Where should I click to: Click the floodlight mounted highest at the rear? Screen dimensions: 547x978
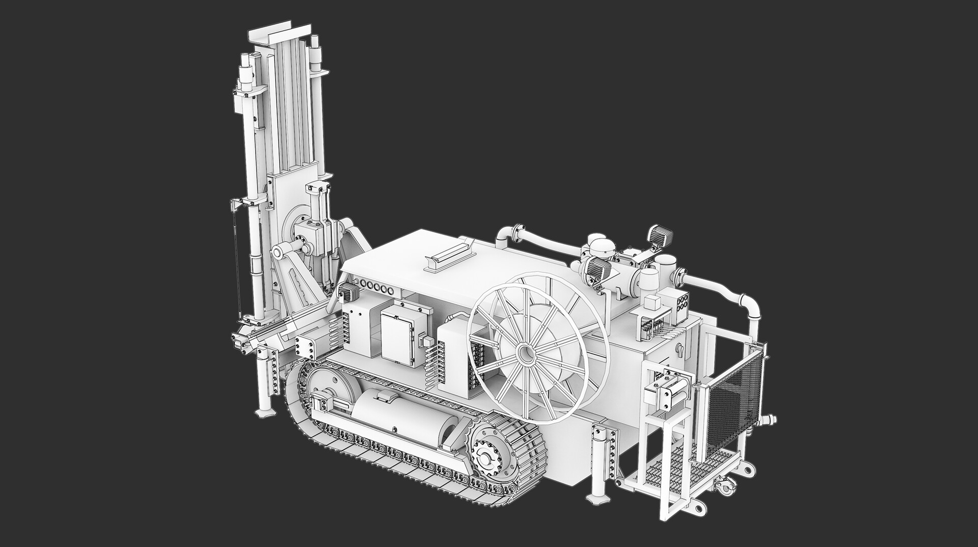(x=660, y=235)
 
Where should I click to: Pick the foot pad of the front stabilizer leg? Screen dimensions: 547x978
(x=264, y=413)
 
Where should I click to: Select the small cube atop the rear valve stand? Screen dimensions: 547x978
(x=651, y=304)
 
